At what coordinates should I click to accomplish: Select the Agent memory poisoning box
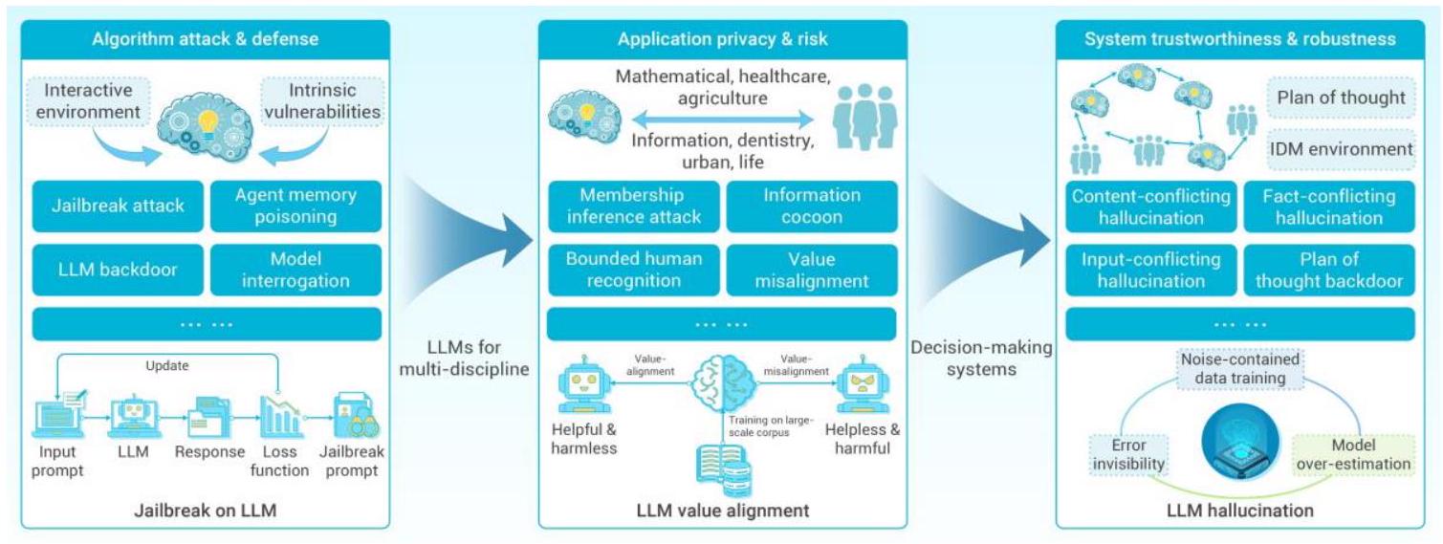tap(295, 206)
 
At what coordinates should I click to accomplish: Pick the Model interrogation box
tap(295, 271)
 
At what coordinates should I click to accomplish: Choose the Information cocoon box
tap(812, 206)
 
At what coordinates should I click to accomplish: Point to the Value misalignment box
tap(812, 271)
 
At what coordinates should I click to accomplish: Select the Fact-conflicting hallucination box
tap(1328, 206)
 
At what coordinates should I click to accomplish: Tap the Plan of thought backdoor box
tap(1328, 271)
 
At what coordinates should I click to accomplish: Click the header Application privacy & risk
tap(722, 39)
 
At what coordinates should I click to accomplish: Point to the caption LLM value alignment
tap(722, 511)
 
